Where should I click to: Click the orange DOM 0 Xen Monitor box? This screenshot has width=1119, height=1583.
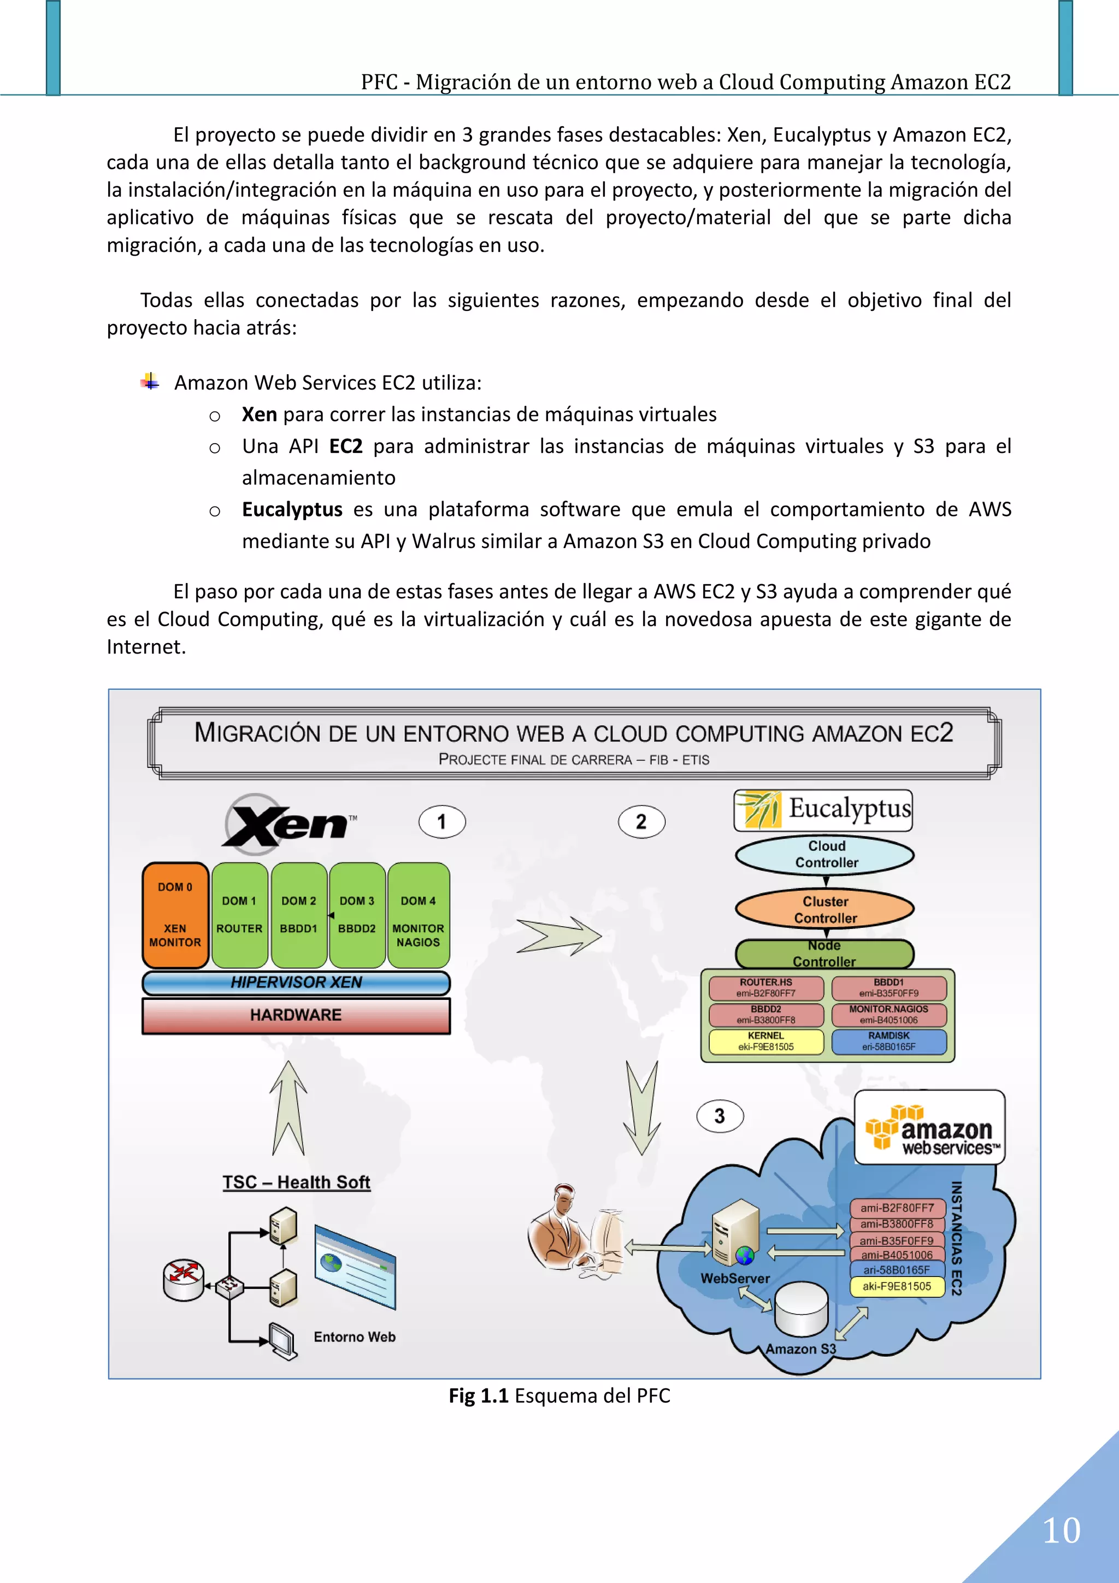point(175,915)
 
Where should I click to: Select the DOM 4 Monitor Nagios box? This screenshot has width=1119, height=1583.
point(418,915)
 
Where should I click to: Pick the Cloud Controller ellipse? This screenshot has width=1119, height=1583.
point(825,854)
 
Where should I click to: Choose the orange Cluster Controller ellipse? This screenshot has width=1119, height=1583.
point(825,909)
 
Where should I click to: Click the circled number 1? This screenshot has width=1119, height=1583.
point(442,822)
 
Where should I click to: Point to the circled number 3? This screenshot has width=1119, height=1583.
point(719,1116)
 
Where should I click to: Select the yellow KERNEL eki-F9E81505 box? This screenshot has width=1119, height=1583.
point(766,1041)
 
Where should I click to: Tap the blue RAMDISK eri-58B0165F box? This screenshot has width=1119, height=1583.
point(889,1041)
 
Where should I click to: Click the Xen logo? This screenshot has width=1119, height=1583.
point(290,822)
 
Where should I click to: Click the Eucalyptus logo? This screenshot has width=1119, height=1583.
point(823,810)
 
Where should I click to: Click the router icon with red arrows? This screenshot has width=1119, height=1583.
point(184,1280)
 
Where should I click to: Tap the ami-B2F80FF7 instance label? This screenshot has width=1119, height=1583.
point(897,1208)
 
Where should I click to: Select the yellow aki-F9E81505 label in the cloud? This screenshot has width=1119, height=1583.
point(897,1286)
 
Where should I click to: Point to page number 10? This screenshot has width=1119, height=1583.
point(1061,1531)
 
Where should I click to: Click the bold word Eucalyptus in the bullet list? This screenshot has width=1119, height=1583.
point(292,509)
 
